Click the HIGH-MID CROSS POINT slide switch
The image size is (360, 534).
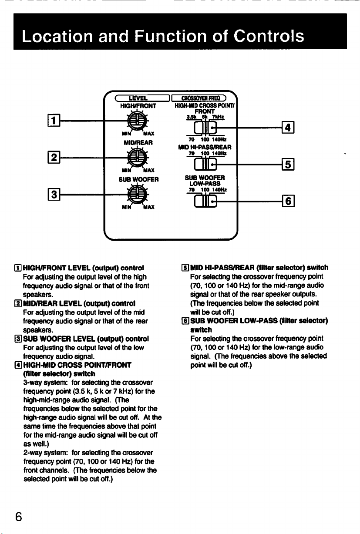click(x=205, y=128)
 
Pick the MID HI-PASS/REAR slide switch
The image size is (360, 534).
click(x=205, y=165)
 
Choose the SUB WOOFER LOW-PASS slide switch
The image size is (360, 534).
click(x=205, y=201)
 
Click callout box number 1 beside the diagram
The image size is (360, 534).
click(x=54, y=121)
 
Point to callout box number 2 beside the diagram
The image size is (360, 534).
click(x=54, y=158)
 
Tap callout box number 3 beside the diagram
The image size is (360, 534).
click(x=54, y=194)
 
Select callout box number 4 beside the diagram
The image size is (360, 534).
click(x=288, y=128)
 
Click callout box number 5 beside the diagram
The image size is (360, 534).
click(x=288, y=164)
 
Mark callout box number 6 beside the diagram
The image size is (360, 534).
click(x=288, y=201)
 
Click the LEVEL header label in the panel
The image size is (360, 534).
click(x=138, y=98)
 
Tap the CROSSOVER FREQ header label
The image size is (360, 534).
click(x=201, y=98)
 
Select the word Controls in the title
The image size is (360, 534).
click(x=269, y=36)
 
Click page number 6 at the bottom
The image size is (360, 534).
click(x=19, y=517)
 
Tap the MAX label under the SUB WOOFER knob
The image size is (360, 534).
click(x=149, y=207)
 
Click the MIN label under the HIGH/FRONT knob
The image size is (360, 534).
click(x=126, y=134)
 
